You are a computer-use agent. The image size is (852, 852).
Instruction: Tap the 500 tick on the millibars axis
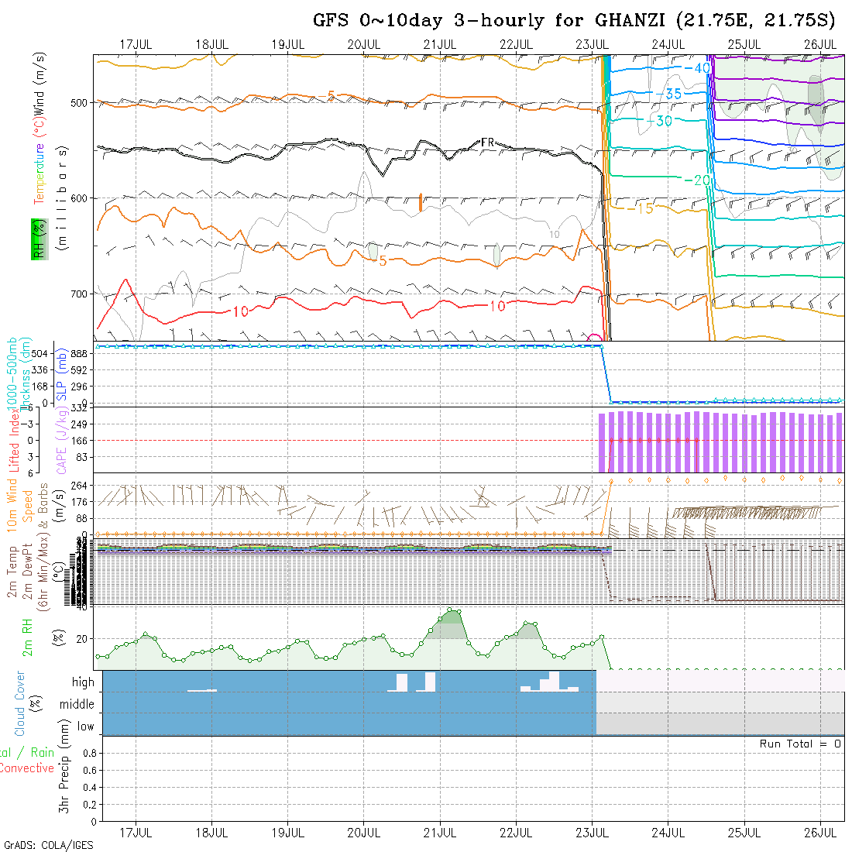coord(81,102)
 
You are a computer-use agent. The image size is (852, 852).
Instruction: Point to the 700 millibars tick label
coord(81,294)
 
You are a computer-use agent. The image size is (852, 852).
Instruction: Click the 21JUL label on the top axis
coord(439,43)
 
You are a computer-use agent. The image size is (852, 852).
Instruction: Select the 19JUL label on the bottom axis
coord(287,833)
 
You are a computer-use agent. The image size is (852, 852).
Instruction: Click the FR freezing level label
coord(487,143)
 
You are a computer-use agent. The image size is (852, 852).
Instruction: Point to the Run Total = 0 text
coord(800,744)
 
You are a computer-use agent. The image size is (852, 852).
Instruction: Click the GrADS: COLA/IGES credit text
coord(48,845)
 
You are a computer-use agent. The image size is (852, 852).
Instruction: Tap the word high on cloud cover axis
coord(83,682)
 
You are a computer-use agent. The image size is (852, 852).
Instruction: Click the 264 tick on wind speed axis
coord(82,486)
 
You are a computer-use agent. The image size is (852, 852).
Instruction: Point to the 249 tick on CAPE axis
coord(84,424)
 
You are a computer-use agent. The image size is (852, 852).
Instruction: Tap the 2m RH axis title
coord(28,637)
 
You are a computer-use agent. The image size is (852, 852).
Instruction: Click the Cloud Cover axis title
coord(20,703)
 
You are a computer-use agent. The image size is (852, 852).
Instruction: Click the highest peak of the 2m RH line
coord(450,610)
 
